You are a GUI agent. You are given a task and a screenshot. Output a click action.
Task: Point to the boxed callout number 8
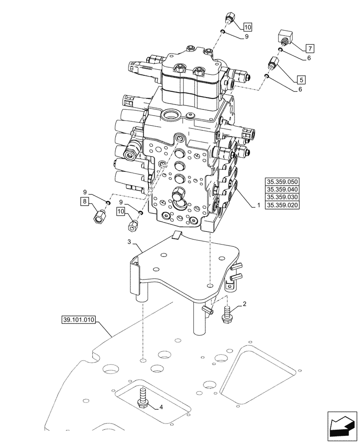[84, 202]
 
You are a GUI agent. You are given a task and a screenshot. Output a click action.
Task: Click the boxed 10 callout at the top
[247, 27]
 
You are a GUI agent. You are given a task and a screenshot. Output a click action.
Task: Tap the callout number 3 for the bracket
[129, 242]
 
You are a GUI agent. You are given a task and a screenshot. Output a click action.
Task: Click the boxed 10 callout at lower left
[121, 212]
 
